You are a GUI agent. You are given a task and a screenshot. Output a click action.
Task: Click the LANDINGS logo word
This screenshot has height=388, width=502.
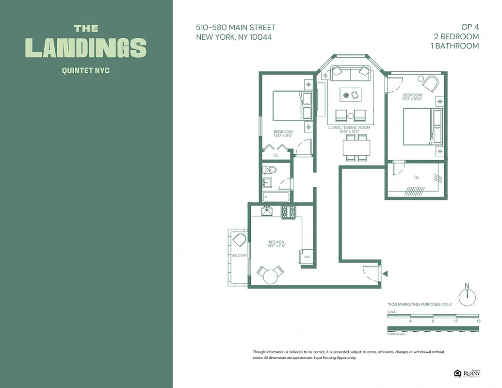click(x=86, y=48)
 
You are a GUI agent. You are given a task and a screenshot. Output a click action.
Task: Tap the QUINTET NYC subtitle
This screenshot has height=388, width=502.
click(x=86, y=71)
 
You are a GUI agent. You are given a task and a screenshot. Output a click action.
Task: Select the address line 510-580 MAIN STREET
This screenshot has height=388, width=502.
click(x=236, y=28)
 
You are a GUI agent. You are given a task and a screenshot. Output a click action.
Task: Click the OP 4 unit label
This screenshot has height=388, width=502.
click(x=469, y=27)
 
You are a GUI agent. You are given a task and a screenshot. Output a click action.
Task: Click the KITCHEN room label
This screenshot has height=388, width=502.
click(x=276, y=242)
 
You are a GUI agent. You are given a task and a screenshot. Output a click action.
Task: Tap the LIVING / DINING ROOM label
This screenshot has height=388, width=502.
click(x=349, y=128)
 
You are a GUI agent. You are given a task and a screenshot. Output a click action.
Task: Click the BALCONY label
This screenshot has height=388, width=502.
click(x=239, y=256)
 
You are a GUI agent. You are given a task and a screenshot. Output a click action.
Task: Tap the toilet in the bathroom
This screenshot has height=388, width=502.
click(x=269, y=170)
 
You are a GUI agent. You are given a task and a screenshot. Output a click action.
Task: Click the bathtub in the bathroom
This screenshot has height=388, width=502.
click(x=276, y=197)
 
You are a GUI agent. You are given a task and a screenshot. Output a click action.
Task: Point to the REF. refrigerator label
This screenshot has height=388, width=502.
click(x=307, y=257)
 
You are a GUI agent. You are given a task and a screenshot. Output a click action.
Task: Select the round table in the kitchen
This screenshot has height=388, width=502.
click(x=270, y=276)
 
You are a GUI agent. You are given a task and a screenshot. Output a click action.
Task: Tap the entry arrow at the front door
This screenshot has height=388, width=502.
click(x=385, y=274)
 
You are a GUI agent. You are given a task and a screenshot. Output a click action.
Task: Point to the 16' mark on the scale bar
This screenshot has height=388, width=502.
click(x=478, y=321)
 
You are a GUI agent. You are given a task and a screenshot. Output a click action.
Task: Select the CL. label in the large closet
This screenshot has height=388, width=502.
click(x=417, y=178)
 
